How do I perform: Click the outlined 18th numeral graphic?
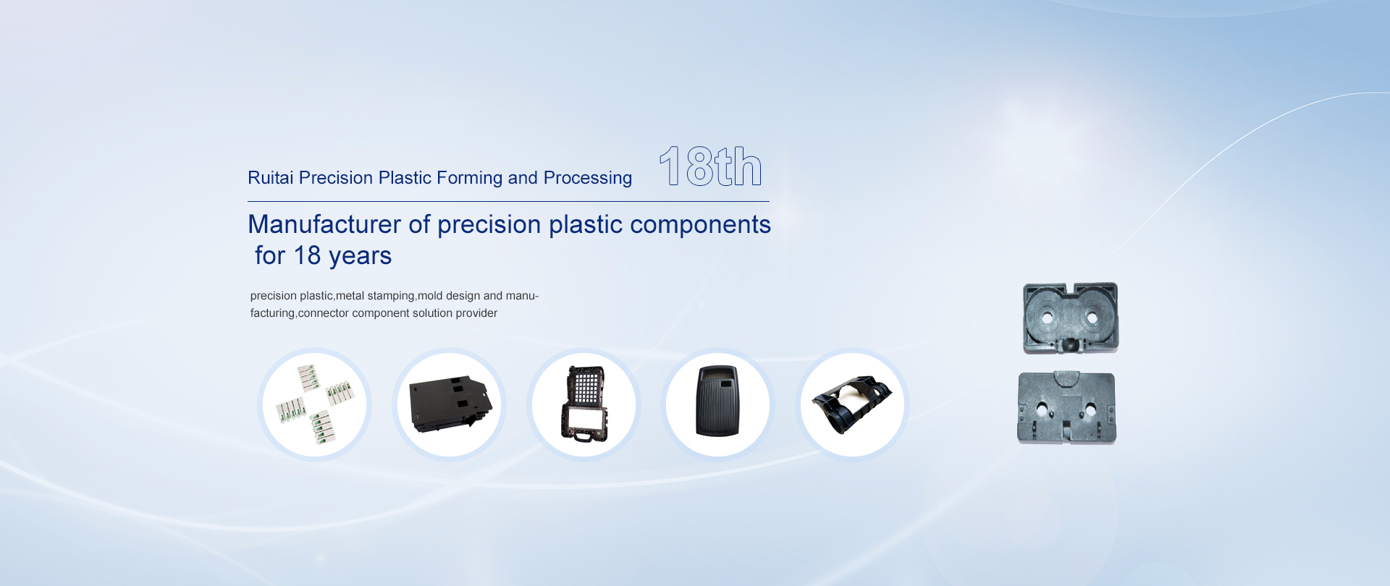710,166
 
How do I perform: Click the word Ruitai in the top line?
271,178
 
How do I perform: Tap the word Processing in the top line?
588,179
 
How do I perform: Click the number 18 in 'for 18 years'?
307,255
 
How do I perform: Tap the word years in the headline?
361,257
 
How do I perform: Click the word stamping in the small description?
391,296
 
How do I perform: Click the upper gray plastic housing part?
1071,318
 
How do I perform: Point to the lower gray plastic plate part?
1066,408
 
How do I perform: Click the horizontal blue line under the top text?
508,201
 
